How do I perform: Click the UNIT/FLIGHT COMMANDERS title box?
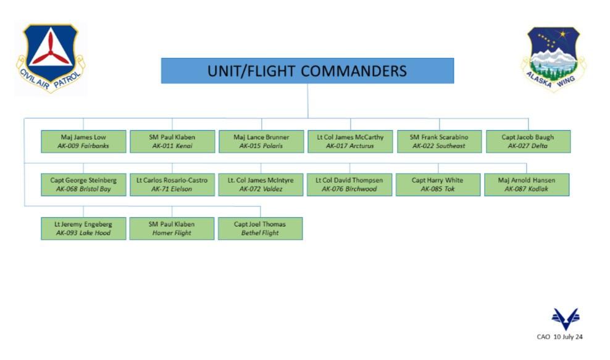coord(307,70)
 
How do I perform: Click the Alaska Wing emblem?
coord(553,58)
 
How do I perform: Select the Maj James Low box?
coord(84,141)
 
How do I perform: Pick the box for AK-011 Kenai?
coord(172,141)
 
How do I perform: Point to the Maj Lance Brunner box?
coord(261,141)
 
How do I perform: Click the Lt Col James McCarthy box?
coord(350,141)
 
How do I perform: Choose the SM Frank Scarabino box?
coord(439,141)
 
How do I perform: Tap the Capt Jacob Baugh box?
coord(528,141)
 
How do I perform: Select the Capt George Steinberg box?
coord(84,185)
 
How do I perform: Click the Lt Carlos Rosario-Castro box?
coord(172,185)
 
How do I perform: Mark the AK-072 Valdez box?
coord(261,185)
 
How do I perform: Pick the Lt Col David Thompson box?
coord(349,185)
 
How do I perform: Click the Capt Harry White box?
coord(438,185)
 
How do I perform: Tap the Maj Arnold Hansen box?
coord(527,185)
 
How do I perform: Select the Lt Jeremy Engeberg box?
coord(84,228)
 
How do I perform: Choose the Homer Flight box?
coord(172,228)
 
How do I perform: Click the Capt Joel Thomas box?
coord(261,228)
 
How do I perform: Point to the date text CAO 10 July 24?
coord(560,337)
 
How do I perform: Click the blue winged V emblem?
coord(565,319)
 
